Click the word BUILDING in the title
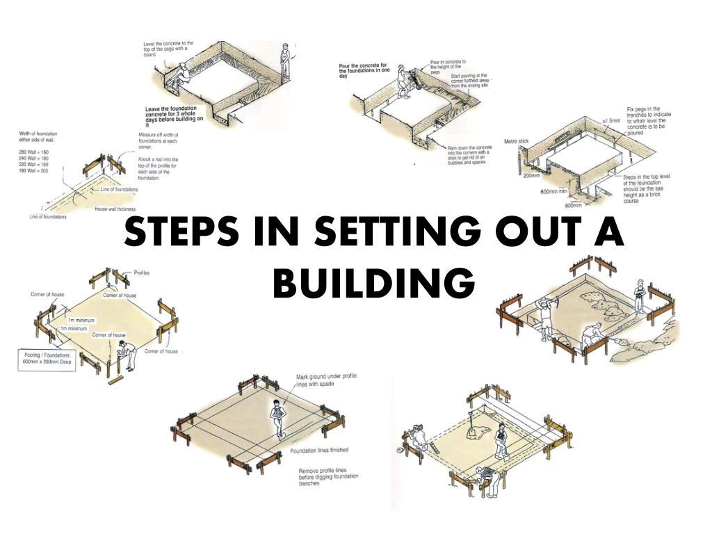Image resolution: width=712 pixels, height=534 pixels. pos(374,282)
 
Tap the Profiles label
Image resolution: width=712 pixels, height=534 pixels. pos(141,273)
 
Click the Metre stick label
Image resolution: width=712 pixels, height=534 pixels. pos(517,141)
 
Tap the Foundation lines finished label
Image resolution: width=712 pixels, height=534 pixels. pos(319,451)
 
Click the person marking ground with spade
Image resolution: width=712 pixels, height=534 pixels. pos(279,417)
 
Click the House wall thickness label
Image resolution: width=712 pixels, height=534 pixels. pos(115,209)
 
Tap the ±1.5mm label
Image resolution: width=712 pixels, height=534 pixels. pos(611,120)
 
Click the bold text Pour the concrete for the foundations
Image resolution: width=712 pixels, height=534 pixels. pos(362,70)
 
